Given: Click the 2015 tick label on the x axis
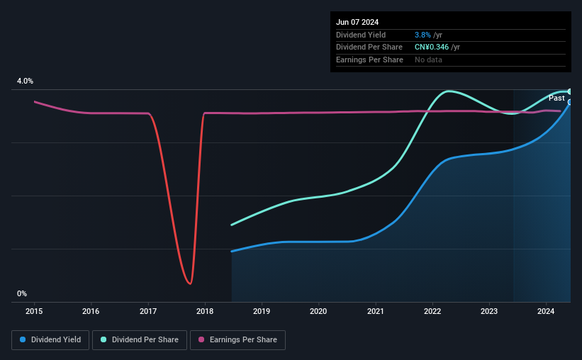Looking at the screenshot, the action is [34, 311].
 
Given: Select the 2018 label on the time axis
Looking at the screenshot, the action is [205, 311].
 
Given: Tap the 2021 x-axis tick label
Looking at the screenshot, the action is [375, 311].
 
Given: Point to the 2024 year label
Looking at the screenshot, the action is [546, 311].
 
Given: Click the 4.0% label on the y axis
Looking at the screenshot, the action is [25, 81].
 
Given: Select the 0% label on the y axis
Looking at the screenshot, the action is [22, 293].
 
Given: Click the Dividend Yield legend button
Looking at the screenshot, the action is [50, 340].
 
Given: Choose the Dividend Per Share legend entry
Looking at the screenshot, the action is [140, 340].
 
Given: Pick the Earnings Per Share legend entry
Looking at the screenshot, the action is [237, 340].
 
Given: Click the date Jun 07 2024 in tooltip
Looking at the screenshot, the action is [357, 22].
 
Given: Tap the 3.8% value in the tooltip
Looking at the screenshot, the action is [422, 35].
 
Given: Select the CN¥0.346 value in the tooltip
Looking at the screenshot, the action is [432, 47].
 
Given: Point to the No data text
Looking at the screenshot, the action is [428, 60].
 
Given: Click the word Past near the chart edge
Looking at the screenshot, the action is [556, 98].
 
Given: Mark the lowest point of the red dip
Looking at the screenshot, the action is [190, 284].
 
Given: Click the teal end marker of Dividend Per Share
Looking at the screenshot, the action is [570, 91].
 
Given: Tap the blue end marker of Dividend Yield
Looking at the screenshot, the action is [570, 102].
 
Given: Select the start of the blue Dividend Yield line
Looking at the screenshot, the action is [232, 252].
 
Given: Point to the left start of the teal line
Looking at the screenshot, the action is [232, 225].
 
